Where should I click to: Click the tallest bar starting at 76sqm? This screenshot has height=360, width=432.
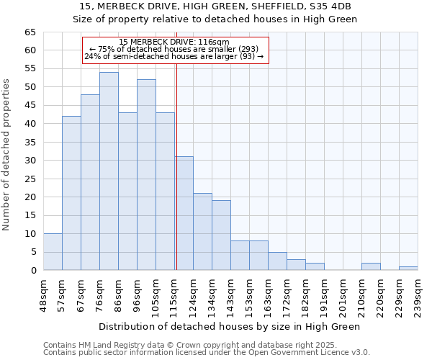pos(109,171)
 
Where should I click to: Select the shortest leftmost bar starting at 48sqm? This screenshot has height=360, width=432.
pos(53,252)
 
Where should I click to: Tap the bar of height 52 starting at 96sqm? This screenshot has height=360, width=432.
pos(146,175)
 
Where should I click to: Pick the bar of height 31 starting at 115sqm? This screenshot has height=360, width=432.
pos(184,213)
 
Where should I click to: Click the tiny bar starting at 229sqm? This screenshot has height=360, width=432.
pos(408,269)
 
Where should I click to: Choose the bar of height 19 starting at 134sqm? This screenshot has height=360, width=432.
pos(221,235)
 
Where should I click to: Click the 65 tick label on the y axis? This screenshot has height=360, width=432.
pos(30,32)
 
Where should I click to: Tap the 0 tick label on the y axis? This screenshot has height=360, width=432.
pos(32,271)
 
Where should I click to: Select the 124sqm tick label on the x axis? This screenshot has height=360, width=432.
pos(193,294)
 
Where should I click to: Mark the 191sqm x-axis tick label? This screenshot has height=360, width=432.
pos(324,294)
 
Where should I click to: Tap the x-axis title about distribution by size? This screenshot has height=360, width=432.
pos(230,326)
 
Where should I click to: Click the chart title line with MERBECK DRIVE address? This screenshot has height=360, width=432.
pos(217,6)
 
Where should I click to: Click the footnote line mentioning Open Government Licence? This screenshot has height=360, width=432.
pos(206,353)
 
